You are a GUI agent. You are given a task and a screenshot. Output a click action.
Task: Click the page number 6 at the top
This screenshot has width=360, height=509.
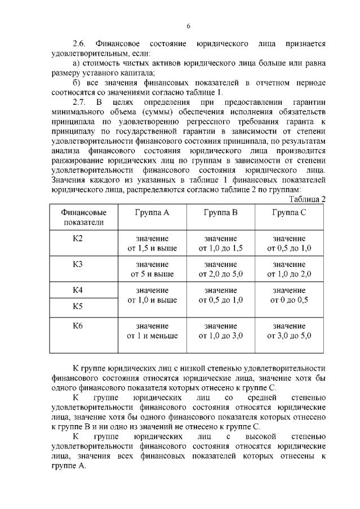pos(189,26)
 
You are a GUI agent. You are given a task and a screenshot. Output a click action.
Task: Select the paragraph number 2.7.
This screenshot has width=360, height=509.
pos(82,102)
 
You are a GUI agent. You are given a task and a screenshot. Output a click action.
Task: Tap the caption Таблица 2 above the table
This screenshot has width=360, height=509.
pos(307,199)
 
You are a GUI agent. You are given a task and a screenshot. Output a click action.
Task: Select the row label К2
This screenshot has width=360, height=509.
pos(78,239)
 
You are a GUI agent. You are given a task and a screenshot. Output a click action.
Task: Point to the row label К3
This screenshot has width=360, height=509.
pos(78,264)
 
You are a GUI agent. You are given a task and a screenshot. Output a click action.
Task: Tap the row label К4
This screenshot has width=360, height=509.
pos(78,290)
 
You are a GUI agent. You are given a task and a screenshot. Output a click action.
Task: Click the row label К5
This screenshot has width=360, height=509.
pos(78,306)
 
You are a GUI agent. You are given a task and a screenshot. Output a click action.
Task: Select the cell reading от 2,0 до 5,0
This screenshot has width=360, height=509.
pos(220,274)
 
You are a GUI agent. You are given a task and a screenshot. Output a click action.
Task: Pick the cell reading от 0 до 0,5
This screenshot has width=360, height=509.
pos(289,300)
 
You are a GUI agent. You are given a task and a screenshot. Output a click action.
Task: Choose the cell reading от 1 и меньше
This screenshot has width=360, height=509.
pos(152,336)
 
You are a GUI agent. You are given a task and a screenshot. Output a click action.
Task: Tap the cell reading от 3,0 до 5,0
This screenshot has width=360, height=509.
pos(289,336)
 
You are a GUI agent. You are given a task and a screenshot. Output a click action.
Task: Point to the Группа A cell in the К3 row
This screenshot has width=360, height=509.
pos(152,269)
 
